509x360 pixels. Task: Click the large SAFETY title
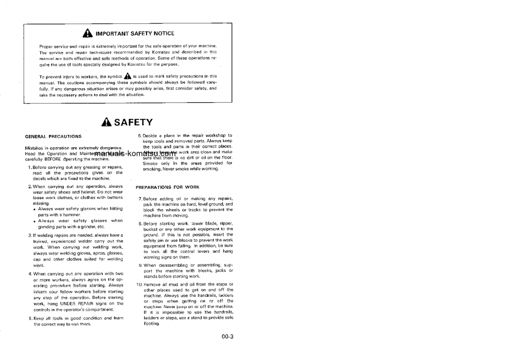point(133,122)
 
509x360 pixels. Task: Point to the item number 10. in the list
point(139,284)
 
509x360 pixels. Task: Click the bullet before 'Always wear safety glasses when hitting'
point(34,209)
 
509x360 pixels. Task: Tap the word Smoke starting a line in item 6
point(150,163)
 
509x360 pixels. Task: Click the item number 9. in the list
point(140,265)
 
